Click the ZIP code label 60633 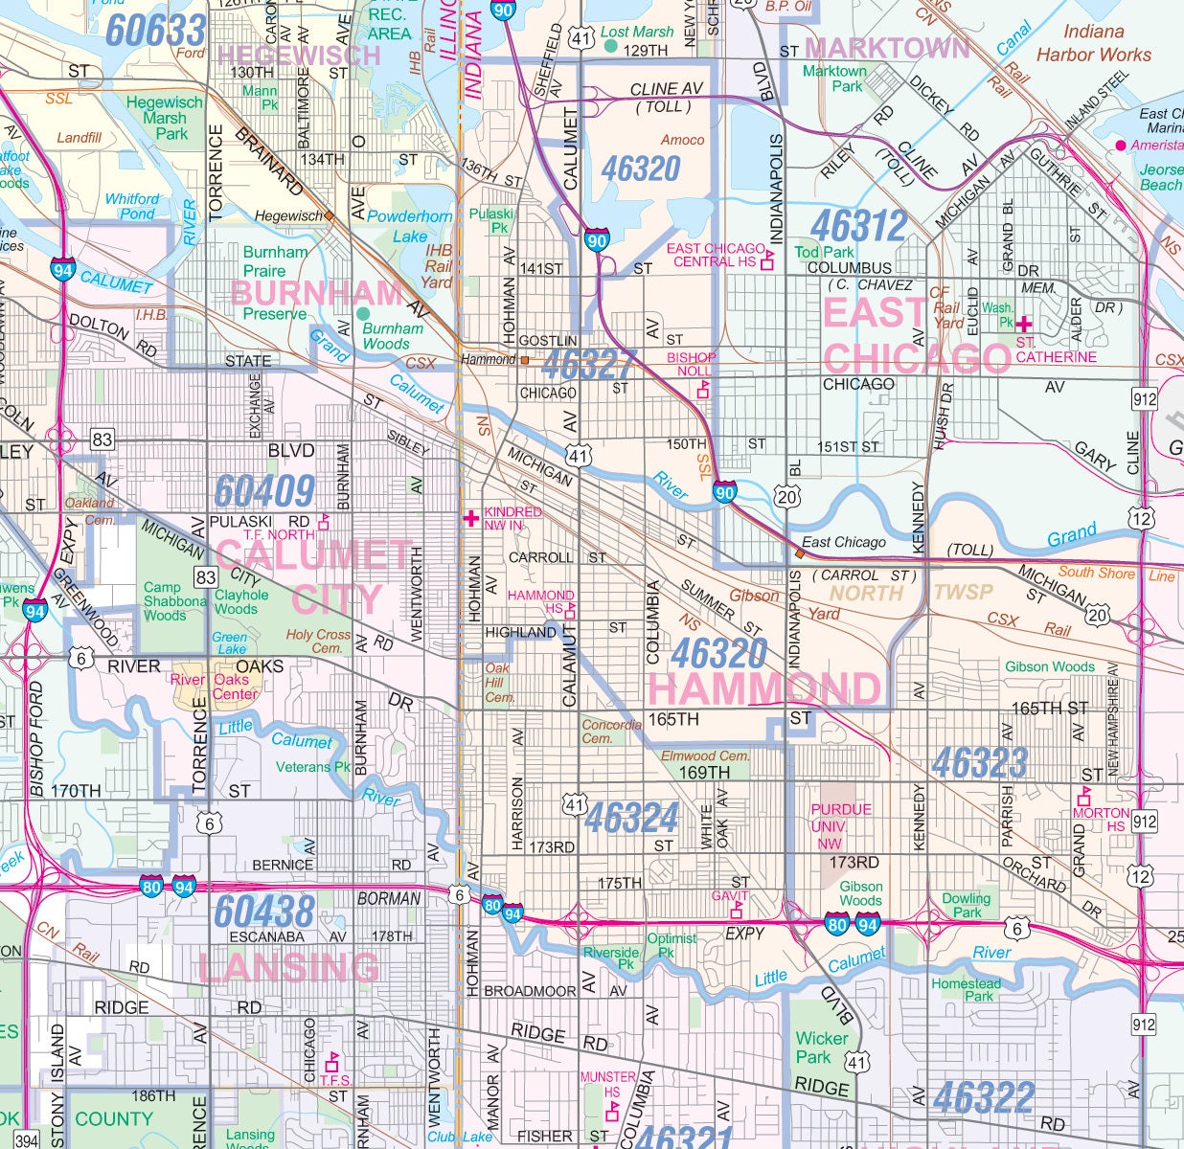tap(155, 31)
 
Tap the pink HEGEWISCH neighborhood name tap(299, 56)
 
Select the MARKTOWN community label tap(887, 48)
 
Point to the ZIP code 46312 tap(858, 226)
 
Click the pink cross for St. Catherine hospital tap(1024, 325)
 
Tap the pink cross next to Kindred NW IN tap(471, 518)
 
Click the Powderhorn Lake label tap(410, 226)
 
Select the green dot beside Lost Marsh tap(610, 45)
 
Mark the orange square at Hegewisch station tap(330, 216)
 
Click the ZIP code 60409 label tap(264, 491)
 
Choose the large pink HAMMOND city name tap(763, 688)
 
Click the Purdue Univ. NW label tap(841, 825)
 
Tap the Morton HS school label tap(1100, 819)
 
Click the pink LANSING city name tap(288, 968)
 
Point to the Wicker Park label tap(821, 1048)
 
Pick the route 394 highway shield tap(28, 1138)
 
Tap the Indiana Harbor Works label tap(1093, 43)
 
